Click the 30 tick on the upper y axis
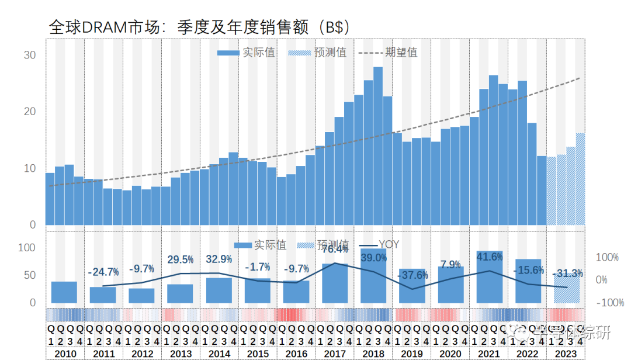pyautogui.click(x=29, y=55)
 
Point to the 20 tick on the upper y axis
pyautogui.click(x=29, y=112)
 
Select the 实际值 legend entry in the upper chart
pyautogui.click(x=246, y=53)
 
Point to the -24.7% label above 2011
pyautogui.click(x=103, y=272)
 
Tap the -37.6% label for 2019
pyautogui.click(x=412, y=275)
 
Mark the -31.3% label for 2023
pyautogui.click(x=567, y=274)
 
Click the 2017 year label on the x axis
pyautogui.click(x=335, y=354)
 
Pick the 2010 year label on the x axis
pyautogui.click(x=65, y=354)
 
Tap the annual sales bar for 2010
pyautogui.click(x=64, y=292)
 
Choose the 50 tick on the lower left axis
pyautogui.click(x=29, y=275)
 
